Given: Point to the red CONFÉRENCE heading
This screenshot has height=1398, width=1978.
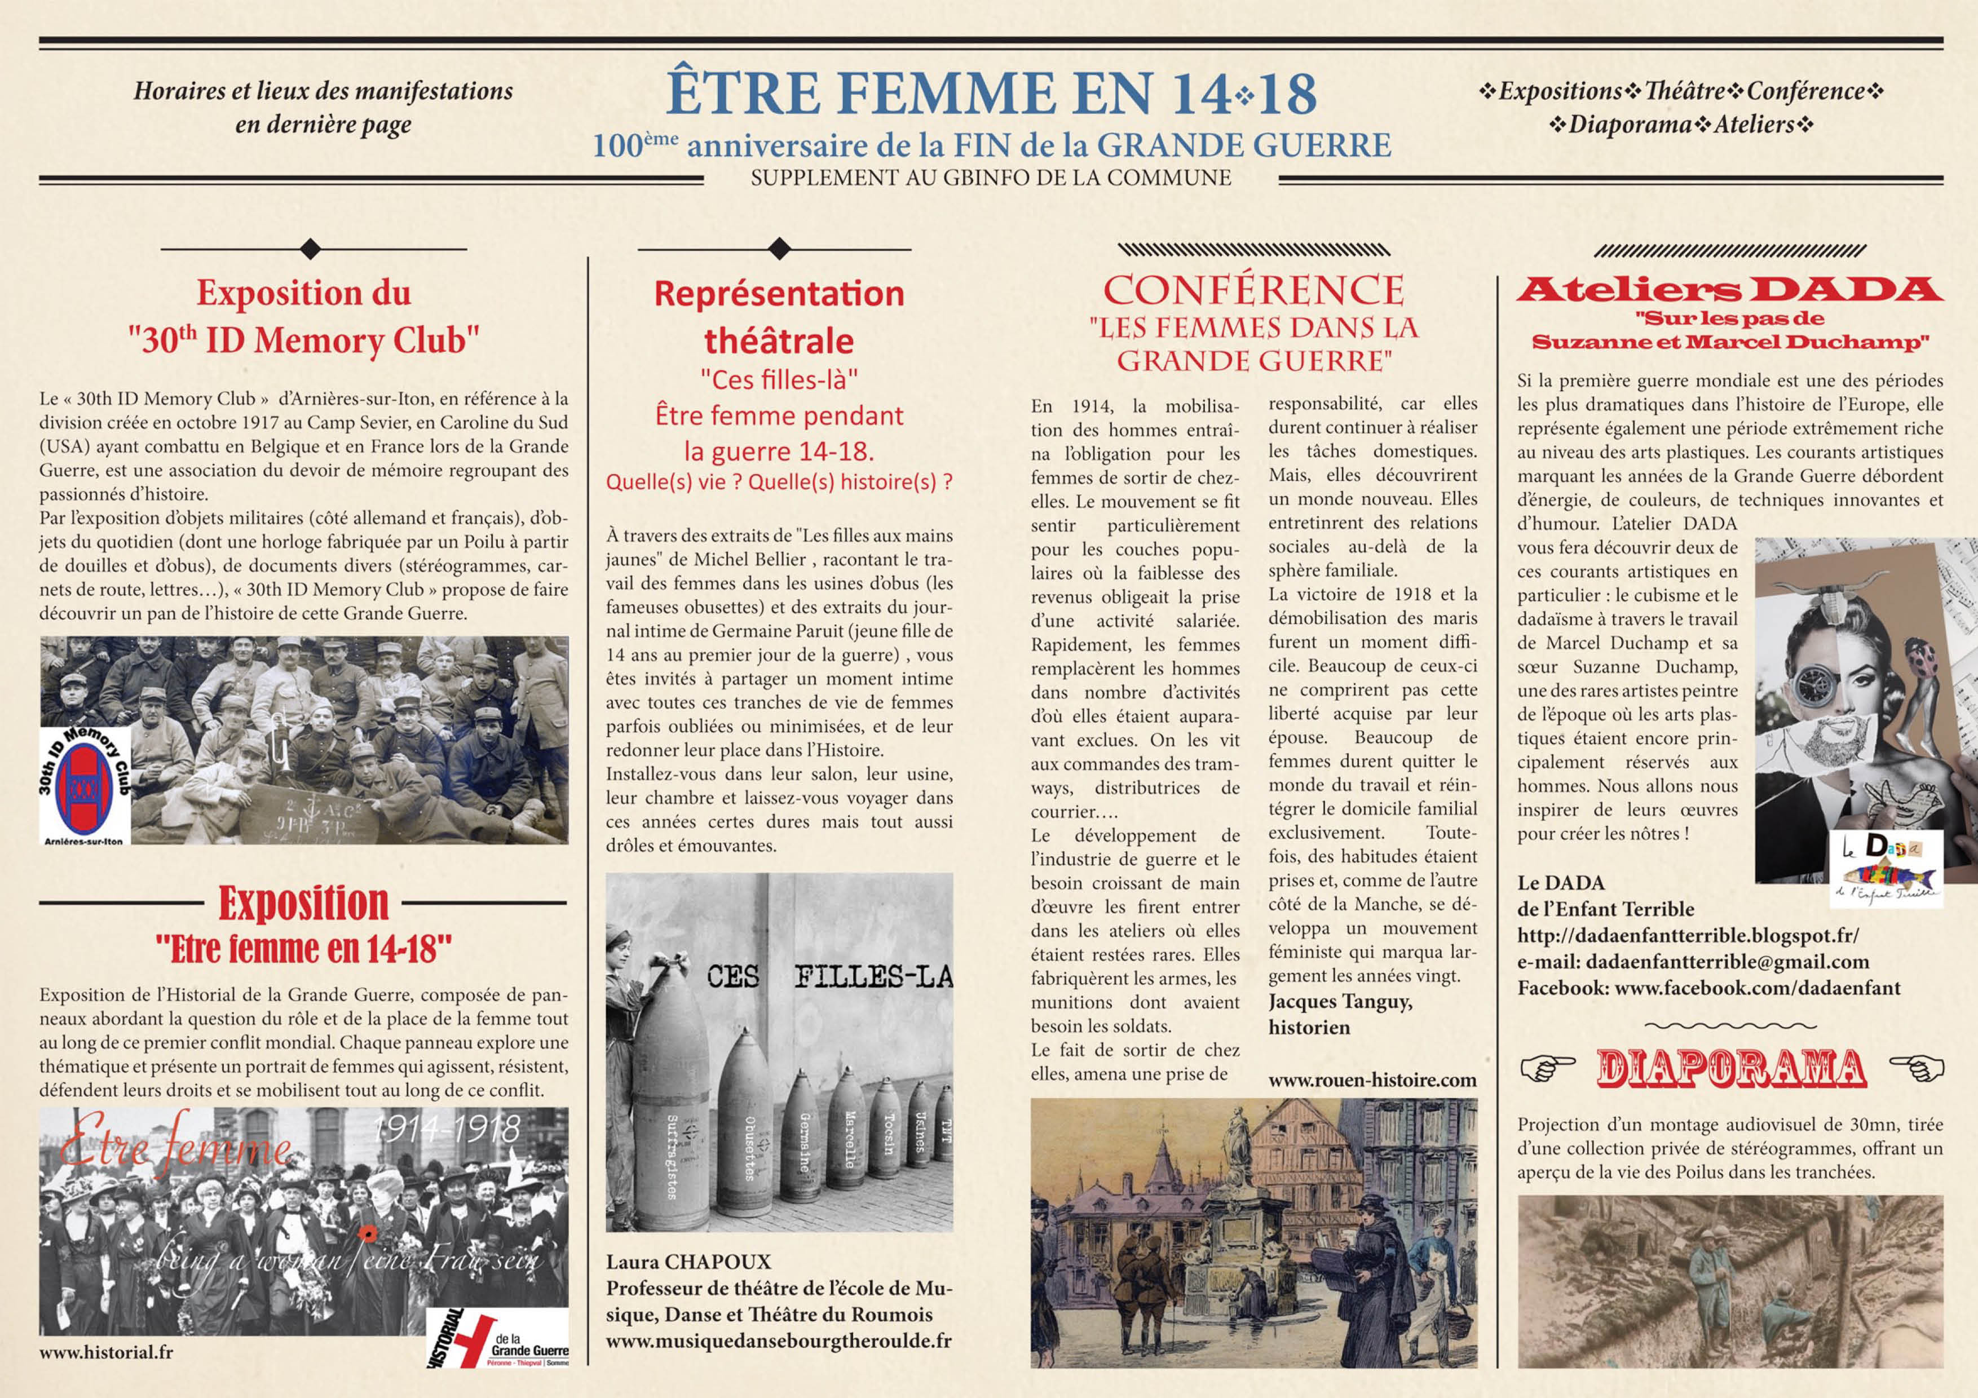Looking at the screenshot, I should tap(1253, 291).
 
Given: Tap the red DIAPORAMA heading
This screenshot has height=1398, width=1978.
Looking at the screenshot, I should tap(1732, 1069).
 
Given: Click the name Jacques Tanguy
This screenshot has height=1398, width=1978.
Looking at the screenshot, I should tap(1340, 1001).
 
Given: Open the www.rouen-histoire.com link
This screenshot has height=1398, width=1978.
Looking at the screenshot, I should tap(1372, 1080).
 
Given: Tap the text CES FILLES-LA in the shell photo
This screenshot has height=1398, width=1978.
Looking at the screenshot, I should tap(829, 977).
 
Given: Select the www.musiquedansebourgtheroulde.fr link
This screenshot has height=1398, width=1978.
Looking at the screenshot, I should tap(779, 1341).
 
